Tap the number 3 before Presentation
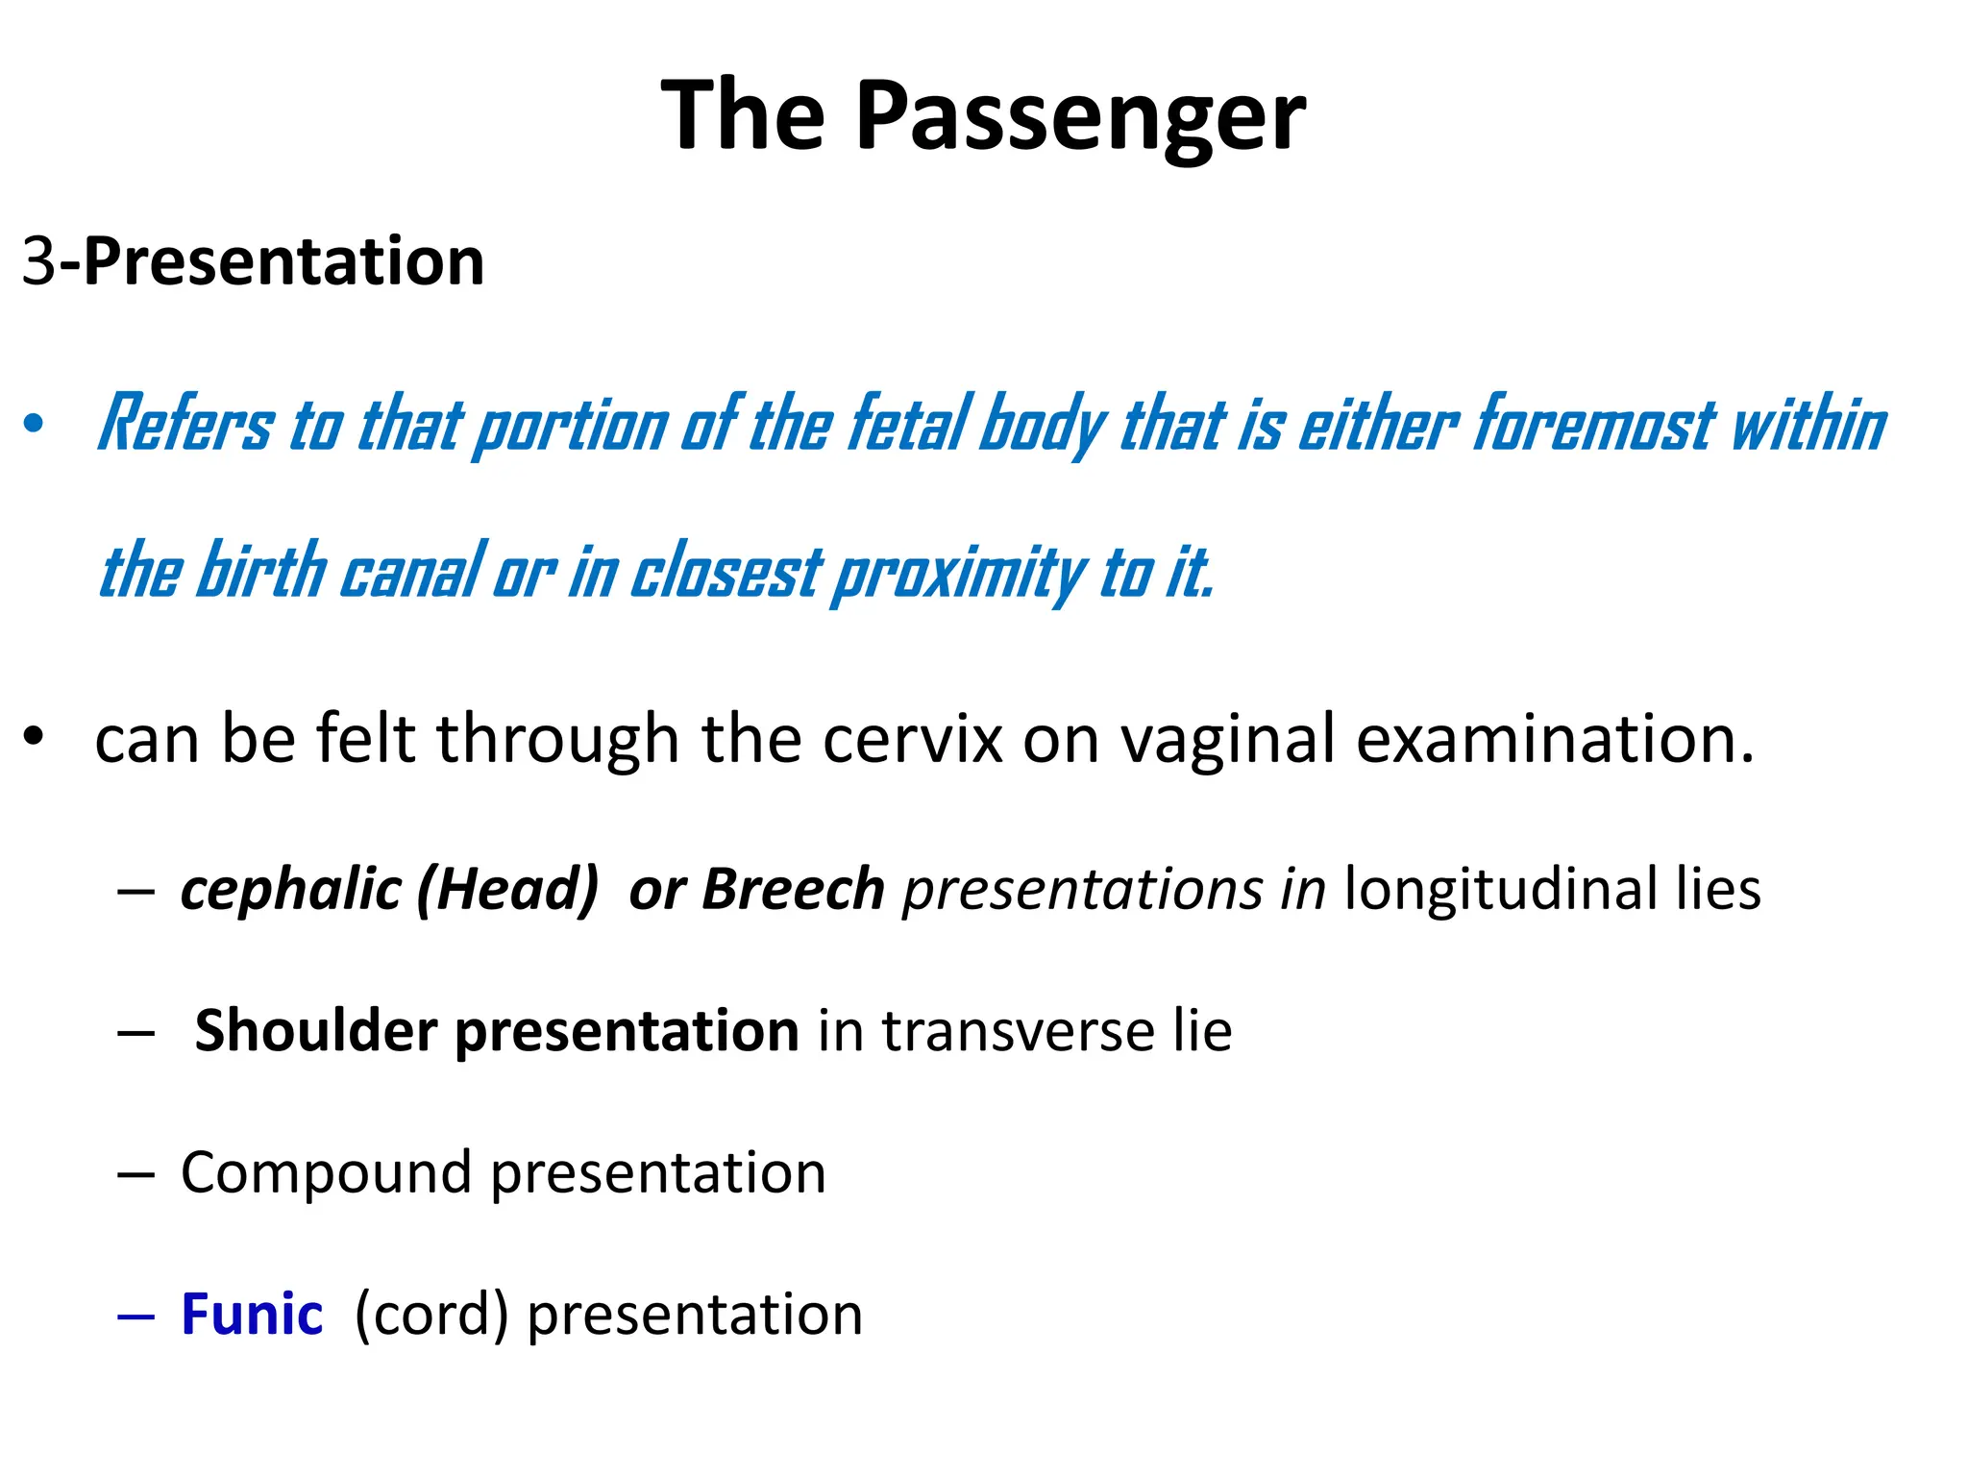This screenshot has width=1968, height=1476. click(x=38, y=261)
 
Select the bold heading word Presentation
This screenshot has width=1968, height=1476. click(x=284, y=261)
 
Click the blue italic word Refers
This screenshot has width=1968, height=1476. click(x=186, y=424)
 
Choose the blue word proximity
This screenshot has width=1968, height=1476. click(x=959, y=573)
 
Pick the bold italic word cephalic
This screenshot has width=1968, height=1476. click(x=290, y=889)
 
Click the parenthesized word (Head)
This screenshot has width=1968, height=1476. click(x=507, y=889)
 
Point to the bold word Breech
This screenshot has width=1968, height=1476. click(x=793, y=889)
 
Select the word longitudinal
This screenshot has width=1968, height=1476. click(x=1500, y=889)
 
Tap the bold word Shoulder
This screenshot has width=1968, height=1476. click(x=316, y=1031)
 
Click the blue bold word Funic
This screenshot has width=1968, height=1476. click(x=252, y=1315)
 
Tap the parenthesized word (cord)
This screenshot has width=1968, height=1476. click(x=431, y=1315)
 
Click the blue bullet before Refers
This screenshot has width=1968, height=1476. click(x=35, y=424)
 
